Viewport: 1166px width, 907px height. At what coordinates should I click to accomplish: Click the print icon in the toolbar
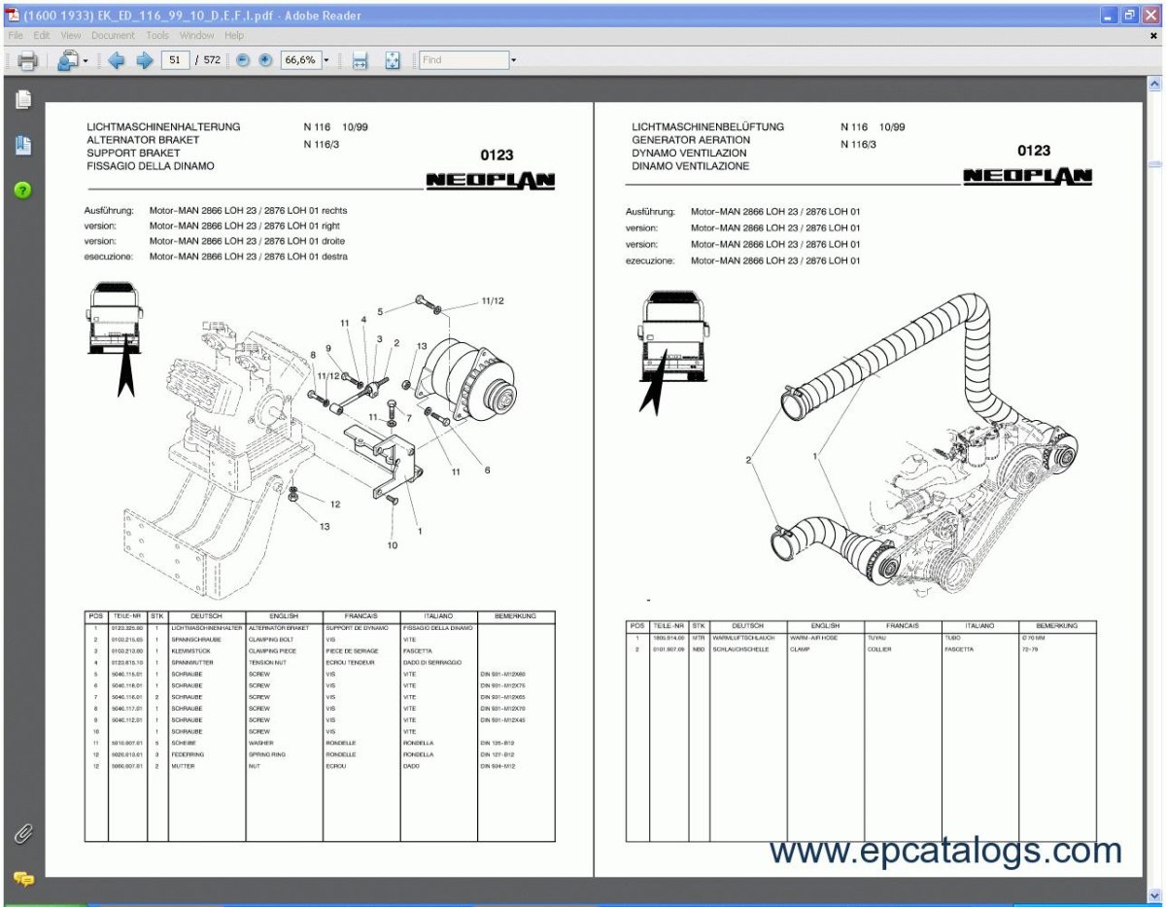click(x=27, y=61)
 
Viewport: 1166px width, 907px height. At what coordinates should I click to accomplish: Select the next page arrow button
click(x=145, y=60)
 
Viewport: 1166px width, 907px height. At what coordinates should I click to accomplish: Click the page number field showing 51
click(x=176, y=60)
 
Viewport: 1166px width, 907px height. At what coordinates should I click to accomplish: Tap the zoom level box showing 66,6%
click(x=299, y=60)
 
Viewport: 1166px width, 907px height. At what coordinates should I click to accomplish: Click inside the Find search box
click(x=463, y=60)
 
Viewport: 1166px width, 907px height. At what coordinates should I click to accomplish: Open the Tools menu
click(x=157, y=35)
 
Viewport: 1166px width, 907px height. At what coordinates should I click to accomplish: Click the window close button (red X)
click(x=1151, y=15)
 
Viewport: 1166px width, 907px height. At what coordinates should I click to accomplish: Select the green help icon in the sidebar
click(x=23, y=191)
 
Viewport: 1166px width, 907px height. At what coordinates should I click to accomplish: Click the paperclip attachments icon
click(x=23, y=834)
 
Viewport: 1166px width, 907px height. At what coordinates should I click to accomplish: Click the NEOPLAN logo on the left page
click(x=490, y=181)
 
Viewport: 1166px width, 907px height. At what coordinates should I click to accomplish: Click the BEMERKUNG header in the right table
click(x=1057, y=626)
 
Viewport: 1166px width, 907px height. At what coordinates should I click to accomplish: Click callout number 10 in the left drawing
click(x=393, y=545)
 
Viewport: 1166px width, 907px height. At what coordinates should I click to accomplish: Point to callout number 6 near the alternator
click(x=487, y=470)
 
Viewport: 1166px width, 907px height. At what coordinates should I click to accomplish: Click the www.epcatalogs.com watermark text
click(x=944, y=851)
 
